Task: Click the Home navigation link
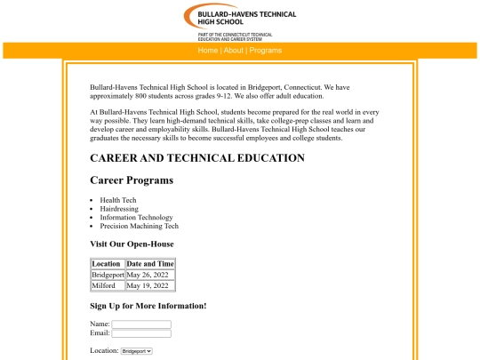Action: click(207, 51)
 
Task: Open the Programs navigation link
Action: click(265, 51)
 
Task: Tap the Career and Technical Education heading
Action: click(196, 158)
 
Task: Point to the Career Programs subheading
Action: click(132, 180)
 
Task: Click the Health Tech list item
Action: click(117, 200)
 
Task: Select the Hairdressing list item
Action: click(120, 209)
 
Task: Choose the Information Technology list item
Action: click(136, 217)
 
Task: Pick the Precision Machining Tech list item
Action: click(139, 226)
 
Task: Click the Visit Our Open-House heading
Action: click(132, 244)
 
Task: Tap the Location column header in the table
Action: click(106, 264)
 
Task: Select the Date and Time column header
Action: click(150, 264)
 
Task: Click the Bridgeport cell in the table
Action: click(108, 275)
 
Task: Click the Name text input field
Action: click(141, 324)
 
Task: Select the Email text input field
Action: click(141, 333)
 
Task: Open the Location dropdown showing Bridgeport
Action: click(136, 351)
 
